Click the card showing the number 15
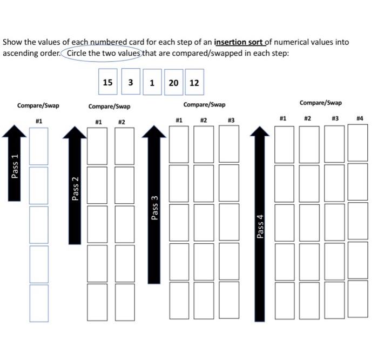pyautogui.click(x=108, y=82)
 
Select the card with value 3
pyautogui.click(x=131, y=82)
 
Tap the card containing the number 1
pyautogui.click(x=152, y=83)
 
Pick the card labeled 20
pyautogui.click(x=173, y=83)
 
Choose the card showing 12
pyautogui.click(x=194, y=83)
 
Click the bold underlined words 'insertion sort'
pyautogui.click(x=238, y=42)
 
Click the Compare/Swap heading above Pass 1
pyautogui.click(x=38, y=105)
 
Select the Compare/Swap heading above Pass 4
pyautogui.click(x=321, y=103)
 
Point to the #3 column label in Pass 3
pyautogui.click(x=231, y=119)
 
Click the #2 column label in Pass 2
pyautogui.click(x=122, y=122)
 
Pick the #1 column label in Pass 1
pyautogui.click(x=39, y=121)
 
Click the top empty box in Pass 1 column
pyautogui.click(x=38, y=146)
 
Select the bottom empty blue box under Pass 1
pyautogui.click(x=38, y=303)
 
